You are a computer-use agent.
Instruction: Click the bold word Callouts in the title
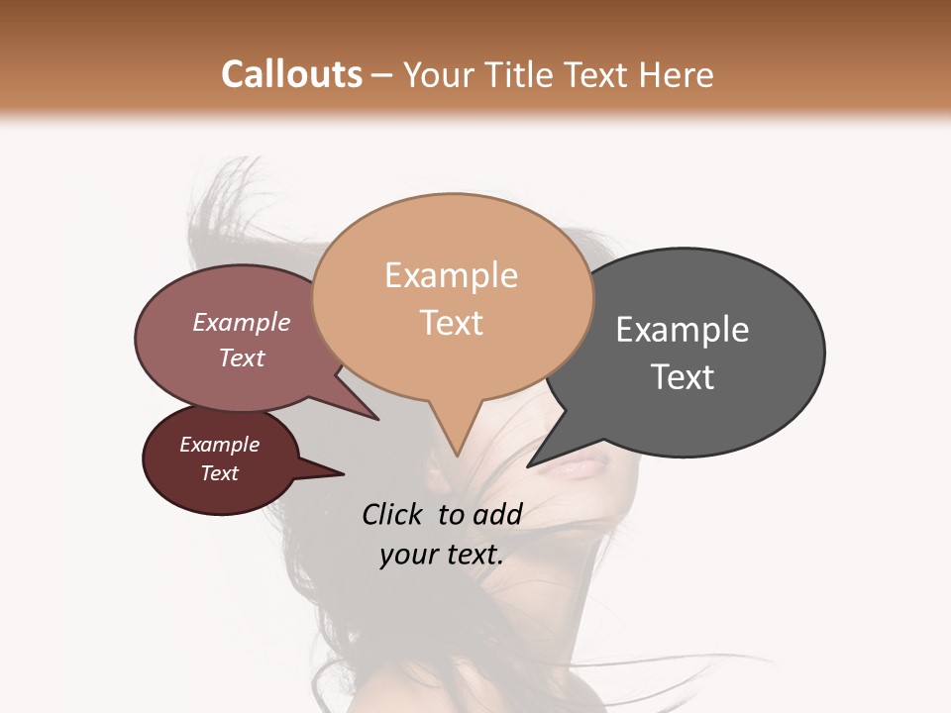pyautogui.click(x=291, y=74)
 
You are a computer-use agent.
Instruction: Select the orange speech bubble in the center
pyautogui.click(x=452, y=297)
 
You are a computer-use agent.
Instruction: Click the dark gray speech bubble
pyautogui.click(x=693, y=347)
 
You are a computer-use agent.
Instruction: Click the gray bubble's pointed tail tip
pyautogui.click(x=529, y=465)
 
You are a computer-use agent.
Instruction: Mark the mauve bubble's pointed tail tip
pyautogui.click(x=377, y=419)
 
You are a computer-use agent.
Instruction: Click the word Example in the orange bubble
pyautogui.click(x=452, y=274)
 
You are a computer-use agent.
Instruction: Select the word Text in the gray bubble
pyautogui.click(x=683, y=376)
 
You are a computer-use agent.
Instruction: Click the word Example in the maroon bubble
pyautogui.click(x=220, y=445)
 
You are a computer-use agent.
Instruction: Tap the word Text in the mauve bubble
pyautogui.click(x=242, y=357)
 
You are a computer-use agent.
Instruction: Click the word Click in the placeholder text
pyautogui.click(x=394, y=514)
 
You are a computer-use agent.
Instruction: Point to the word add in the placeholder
pyautogui.click(x=497, y=514)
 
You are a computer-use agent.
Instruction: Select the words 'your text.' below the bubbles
pyautogui.click(x=442, y=555)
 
